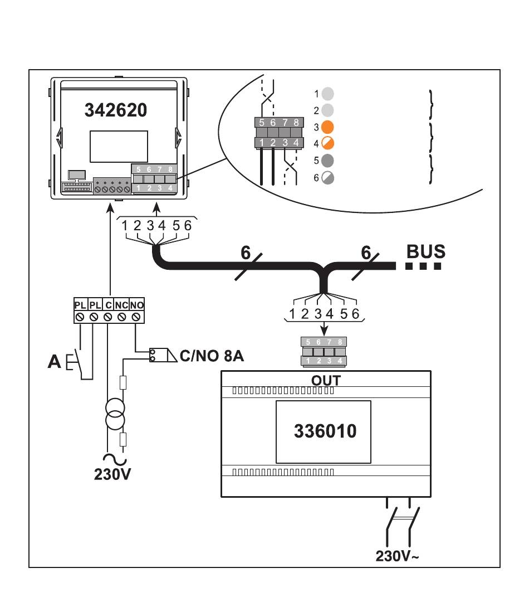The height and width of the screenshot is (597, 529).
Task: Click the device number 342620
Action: [116, 110]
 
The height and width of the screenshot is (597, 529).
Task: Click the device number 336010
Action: [325, 431]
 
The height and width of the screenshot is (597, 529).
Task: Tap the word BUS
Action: [425, 251]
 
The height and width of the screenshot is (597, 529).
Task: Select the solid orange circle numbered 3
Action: [327, 127]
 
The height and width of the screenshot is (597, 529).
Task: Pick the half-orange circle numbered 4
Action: [327, 144]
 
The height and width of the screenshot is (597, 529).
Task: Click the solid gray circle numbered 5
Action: [327, 161]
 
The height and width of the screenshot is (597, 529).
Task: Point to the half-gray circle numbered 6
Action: [327, 177]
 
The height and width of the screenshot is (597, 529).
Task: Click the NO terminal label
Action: [137, 305]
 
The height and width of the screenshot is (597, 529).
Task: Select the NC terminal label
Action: [121, 305]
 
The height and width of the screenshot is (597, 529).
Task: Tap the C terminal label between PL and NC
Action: [109, 305]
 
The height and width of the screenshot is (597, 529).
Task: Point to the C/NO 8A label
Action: [212, 356]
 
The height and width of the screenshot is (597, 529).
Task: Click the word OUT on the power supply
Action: [326, 380]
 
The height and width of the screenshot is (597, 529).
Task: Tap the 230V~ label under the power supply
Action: [397, 556]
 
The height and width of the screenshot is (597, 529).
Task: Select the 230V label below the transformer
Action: [112, 474]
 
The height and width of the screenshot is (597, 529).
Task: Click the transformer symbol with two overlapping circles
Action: [115, 414]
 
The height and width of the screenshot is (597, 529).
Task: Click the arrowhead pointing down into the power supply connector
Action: [324, 331]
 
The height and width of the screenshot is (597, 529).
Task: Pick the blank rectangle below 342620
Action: [119, 147]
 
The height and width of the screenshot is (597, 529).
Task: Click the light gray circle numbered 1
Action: [327, 94]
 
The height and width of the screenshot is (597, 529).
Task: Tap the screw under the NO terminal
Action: [136, 317]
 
